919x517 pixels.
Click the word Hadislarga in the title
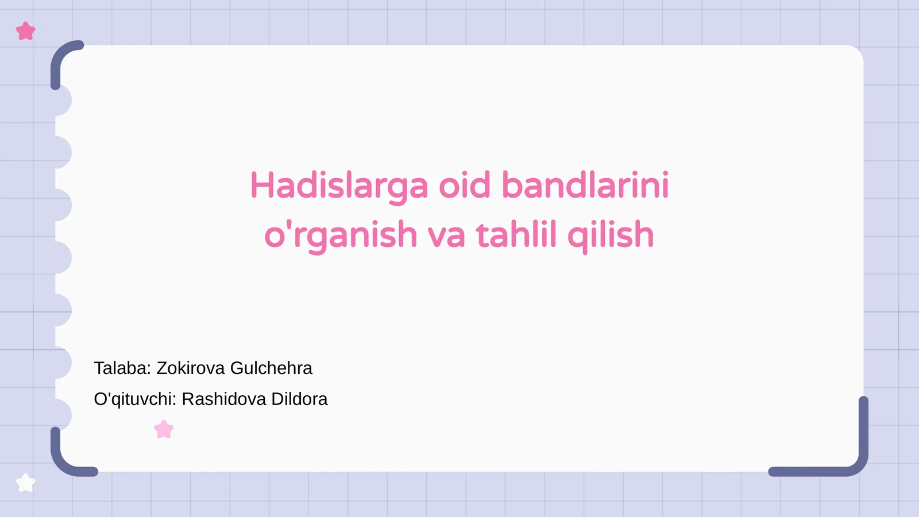339,186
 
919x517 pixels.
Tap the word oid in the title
465,186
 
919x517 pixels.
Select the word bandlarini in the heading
585,186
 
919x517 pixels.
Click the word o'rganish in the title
341,236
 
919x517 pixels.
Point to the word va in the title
446,236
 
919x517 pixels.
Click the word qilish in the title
611,236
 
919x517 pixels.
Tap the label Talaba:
122,368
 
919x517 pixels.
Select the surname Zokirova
191,368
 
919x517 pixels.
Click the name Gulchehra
271,368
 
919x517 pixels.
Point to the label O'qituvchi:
135,399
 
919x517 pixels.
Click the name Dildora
299,399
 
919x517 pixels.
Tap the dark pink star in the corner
26,31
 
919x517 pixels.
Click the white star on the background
26,483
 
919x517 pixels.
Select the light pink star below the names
164,430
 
